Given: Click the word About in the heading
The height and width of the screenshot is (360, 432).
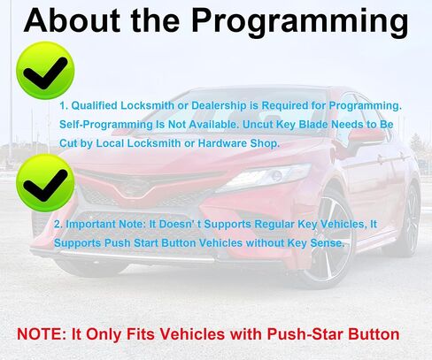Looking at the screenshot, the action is (72, 20).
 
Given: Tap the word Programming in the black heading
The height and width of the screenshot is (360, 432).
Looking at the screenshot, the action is (300, 23).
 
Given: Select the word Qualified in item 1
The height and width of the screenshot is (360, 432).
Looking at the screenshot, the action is (95, 105).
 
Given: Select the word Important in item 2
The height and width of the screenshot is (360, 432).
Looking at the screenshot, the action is (90, 225).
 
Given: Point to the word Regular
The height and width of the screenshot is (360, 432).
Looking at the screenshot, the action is (274, 225).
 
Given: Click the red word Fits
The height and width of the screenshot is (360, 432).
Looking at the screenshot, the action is (140, 334).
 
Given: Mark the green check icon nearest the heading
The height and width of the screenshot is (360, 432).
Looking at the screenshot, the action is (45, 71).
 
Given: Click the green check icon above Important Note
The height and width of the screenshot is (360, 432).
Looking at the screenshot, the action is (45, 183).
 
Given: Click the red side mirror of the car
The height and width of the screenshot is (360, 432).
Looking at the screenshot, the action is (366, 138).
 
